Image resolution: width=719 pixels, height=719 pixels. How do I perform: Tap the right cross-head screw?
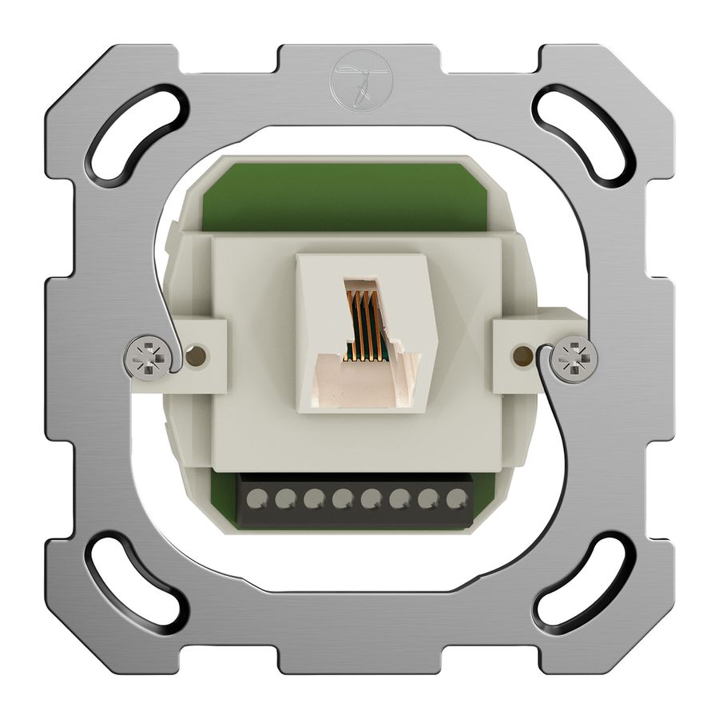(x=574, y=356)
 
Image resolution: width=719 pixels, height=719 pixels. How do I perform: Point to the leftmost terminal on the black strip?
(x=256, y=499)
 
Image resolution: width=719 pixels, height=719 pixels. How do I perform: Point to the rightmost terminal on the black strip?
(x=456, y=499)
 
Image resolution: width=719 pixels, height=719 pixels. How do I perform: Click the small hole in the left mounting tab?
(x=194, y=353)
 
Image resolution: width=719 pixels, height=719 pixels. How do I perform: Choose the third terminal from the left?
(x=313, y=499)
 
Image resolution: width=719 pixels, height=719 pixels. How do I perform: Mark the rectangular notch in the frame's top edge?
(x=359, y=52)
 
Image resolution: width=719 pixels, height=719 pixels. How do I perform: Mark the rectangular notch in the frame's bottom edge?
(x=359, y=667)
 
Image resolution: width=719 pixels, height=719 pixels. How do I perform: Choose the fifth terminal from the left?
(x=371, y=499)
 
